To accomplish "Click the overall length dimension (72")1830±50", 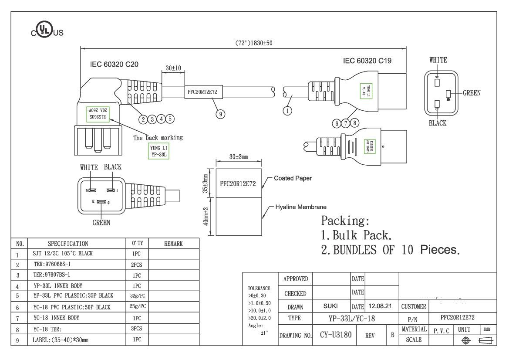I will coord(254,43).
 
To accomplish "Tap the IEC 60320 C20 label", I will coord(114,64).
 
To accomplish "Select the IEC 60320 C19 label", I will coord(367,61).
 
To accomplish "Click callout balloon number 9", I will coord(221,114).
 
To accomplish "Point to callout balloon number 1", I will coord(287,110).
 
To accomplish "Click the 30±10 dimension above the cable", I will coord(174,68).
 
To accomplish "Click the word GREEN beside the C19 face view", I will coord(471,93).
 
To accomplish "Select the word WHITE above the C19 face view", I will coord(438,60).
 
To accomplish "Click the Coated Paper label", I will coord(293,178).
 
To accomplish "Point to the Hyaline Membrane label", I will coord(300,207).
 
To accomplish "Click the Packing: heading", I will coord(345,220).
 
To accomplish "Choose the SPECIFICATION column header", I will coord(67,244).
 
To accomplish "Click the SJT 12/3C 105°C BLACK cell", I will coord(63,253).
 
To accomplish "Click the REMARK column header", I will coord(173,244).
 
